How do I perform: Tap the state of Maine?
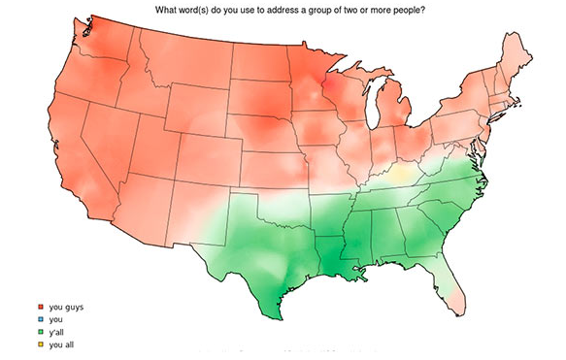click(513, 56)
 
